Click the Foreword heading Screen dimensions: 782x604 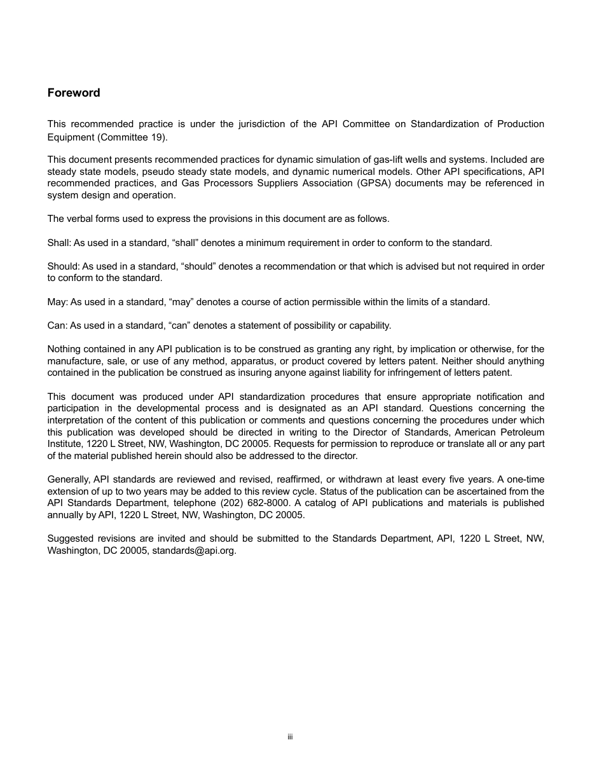tap(74, 93)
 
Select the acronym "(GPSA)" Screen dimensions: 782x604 tap(371, 183)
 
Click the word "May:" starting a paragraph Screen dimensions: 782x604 tap(57, 302)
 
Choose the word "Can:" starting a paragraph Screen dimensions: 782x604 tap(57, 326)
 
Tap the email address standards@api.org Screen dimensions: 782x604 tap(193, 551)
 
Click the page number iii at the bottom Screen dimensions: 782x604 tap(290, 737)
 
